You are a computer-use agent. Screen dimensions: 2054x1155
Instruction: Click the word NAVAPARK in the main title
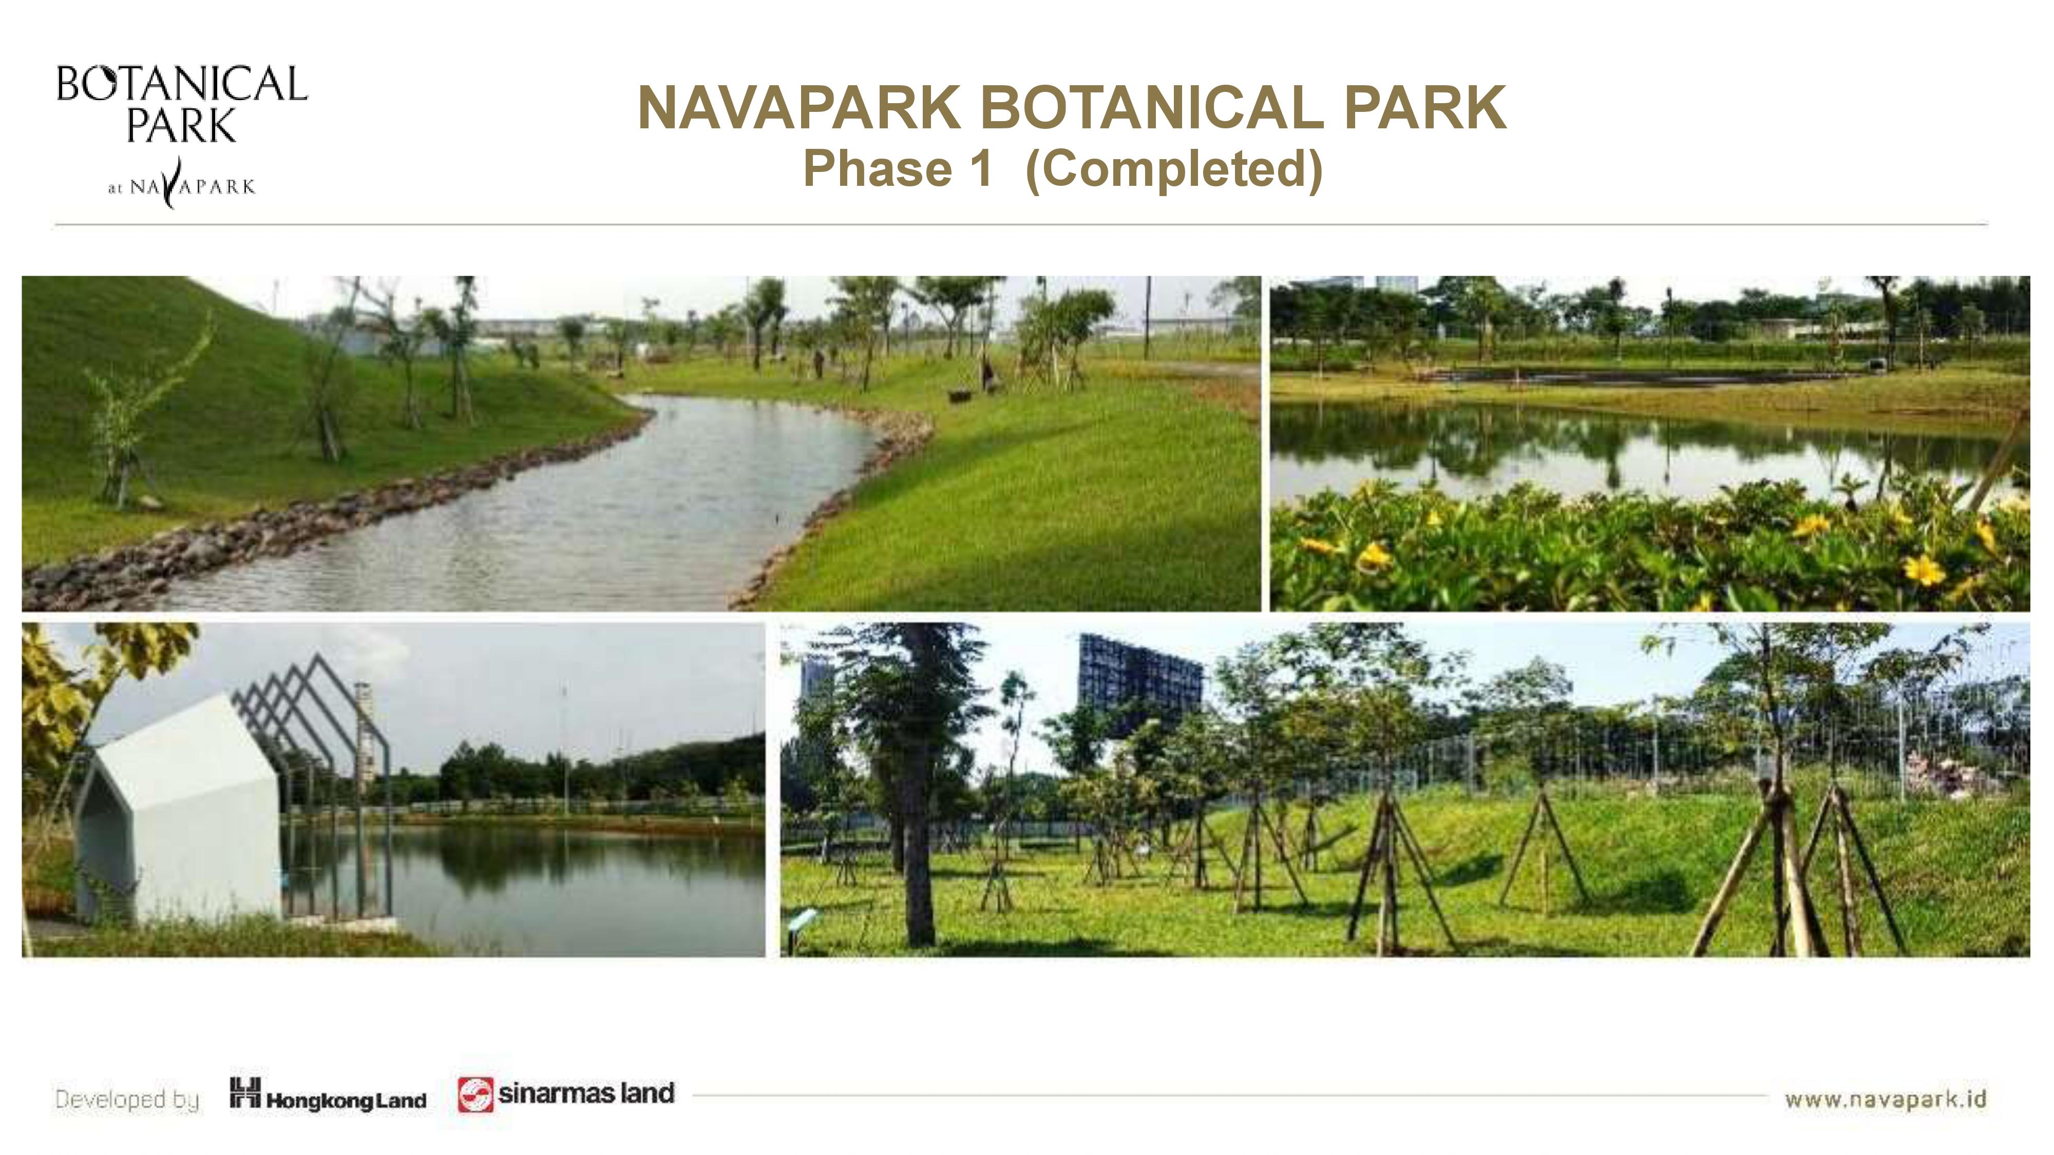[799, 108]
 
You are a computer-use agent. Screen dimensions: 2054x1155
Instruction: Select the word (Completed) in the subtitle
[1174, 169]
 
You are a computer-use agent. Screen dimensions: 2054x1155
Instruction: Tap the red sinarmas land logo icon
[475, 1094]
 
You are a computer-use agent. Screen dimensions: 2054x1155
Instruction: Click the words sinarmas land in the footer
[586, 1093]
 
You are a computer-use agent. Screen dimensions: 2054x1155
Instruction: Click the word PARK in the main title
[1425, 108]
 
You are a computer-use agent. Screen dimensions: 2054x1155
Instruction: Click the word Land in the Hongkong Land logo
[401, 1101]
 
